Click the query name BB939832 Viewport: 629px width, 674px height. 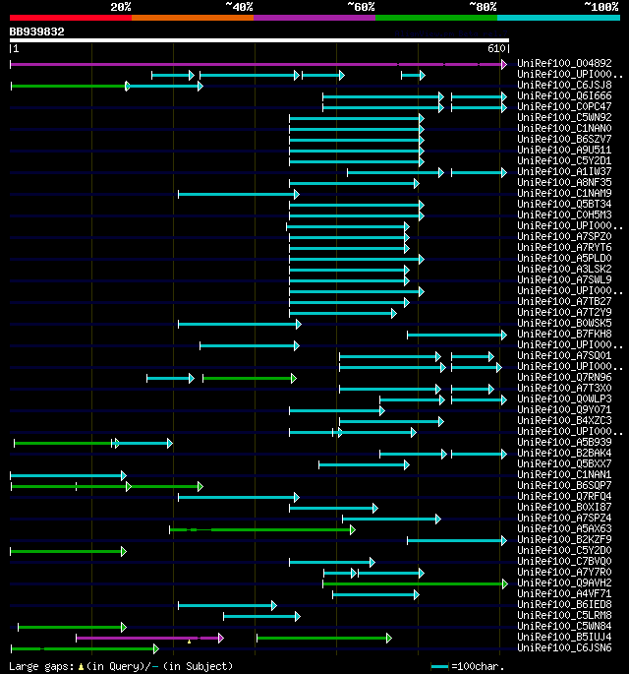point(37,31)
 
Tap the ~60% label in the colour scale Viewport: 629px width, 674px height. point(361,6)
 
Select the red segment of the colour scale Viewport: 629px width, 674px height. point(70,17)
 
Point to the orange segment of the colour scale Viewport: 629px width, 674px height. point(192,17)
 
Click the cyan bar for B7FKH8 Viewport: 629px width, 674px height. point(456,335)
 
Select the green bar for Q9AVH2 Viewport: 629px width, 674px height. point(413,583)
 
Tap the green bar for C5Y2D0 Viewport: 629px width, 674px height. point(67,551)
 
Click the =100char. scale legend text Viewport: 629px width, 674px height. point(589,667)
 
